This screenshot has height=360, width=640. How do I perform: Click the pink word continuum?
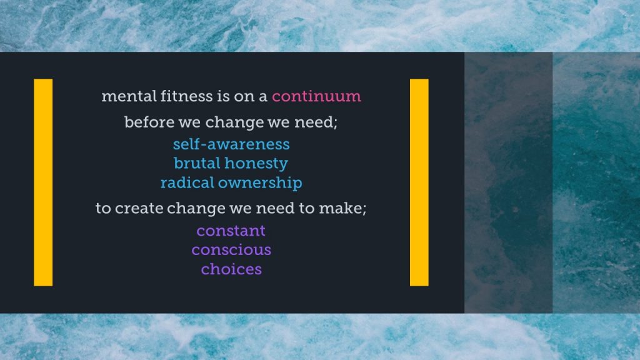[316, 96]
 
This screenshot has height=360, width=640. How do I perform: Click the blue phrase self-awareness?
[231, 144]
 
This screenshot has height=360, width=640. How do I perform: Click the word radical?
[187, 182]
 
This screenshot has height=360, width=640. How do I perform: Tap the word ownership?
[260, 183]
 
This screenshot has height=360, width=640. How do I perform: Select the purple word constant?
[231, 231]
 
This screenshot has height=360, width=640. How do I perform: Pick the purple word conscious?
[231, 250]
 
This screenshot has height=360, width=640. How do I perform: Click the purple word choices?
[231, 269]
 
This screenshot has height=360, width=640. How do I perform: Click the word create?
[139, 208]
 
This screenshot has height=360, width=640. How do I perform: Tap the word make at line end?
[342, 208]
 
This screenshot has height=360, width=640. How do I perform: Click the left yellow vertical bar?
[43, 182]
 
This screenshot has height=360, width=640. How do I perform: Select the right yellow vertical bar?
[419, 182]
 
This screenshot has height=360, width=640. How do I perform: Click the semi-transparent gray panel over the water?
[508, 182]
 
